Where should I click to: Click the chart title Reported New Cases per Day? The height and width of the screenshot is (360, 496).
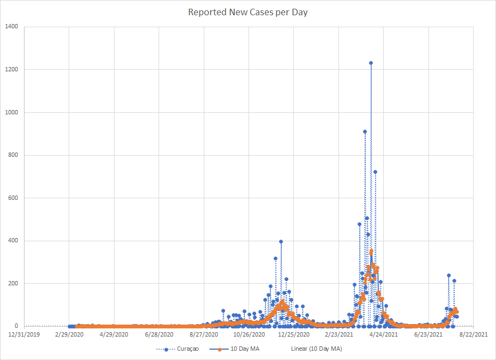click(x=248, y=12)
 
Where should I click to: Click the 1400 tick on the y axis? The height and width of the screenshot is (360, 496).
click(x=11, y=27)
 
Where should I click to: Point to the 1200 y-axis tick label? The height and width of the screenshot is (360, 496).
click(x=11, y=70)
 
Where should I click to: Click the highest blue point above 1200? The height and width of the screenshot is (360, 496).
click(x=371, y=63)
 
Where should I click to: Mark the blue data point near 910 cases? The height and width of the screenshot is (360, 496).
click(x=365, y=132)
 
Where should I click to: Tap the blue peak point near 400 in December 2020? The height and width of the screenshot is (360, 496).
click(x=281, y=241)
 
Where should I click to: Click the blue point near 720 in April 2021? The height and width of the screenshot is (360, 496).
click(x=375, y=172)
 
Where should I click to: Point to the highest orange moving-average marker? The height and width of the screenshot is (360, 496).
click(x=371, y=252)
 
